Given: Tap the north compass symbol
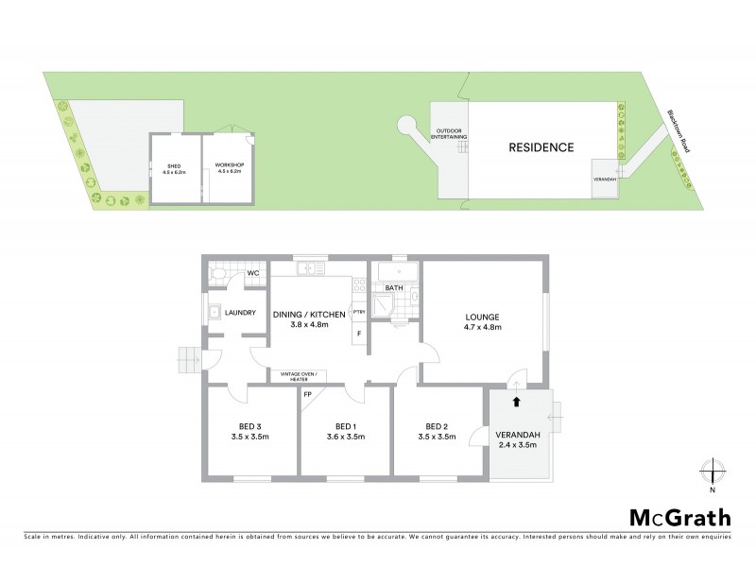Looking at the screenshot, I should point(713,471).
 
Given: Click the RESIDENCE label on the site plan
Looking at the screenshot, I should point(541,147).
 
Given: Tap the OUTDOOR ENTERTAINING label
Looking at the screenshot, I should point(449,134).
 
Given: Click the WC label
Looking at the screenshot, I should point(252,274).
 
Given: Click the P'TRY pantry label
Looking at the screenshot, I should point(358,311).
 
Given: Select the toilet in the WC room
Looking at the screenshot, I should point(219,274).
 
